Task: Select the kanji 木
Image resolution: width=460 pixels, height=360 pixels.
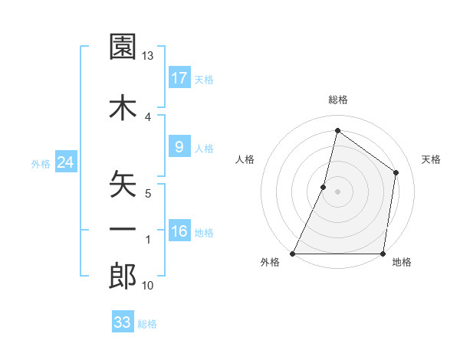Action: (123, 108)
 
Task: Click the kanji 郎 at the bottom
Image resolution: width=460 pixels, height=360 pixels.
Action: (123, 277)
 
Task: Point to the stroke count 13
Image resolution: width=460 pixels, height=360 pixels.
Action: (148, 56)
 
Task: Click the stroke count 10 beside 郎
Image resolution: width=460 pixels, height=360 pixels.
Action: (148, 286)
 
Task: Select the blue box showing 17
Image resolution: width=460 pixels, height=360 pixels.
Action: (179, 77)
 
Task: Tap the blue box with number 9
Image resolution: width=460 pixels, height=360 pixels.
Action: (179, 147)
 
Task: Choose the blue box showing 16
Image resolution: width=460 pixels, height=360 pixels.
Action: (179, 231)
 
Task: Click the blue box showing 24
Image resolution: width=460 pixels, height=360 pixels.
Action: (65, 162)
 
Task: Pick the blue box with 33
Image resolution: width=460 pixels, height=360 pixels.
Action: (123, 322)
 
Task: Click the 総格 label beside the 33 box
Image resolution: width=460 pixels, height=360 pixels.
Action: (147, 324)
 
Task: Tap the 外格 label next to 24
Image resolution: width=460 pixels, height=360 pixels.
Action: (41, 163)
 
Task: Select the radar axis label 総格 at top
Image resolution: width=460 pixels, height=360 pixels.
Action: (338, 100)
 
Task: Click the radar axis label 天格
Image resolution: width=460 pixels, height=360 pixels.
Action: (432, 159)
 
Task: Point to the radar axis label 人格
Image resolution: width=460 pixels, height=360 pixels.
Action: (245, 159)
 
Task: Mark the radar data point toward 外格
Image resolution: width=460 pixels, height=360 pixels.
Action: (294, 254)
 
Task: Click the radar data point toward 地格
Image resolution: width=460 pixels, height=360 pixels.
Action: (383, 254)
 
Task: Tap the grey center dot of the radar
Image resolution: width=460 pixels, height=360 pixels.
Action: (338, 191)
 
